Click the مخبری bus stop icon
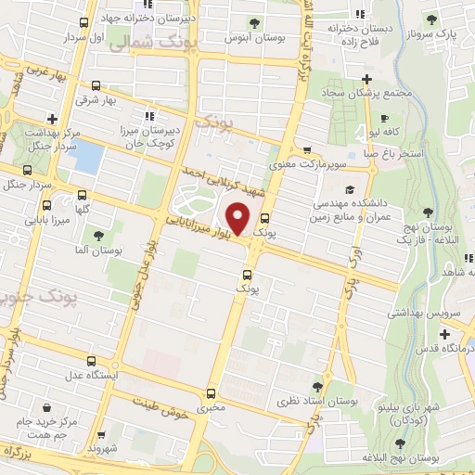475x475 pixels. (x=212, y=392)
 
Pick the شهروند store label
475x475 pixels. (x=110, y=448)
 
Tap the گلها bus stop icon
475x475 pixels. (x=84, y=196)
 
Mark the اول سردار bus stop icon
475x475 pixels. (x=84, y=23)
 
